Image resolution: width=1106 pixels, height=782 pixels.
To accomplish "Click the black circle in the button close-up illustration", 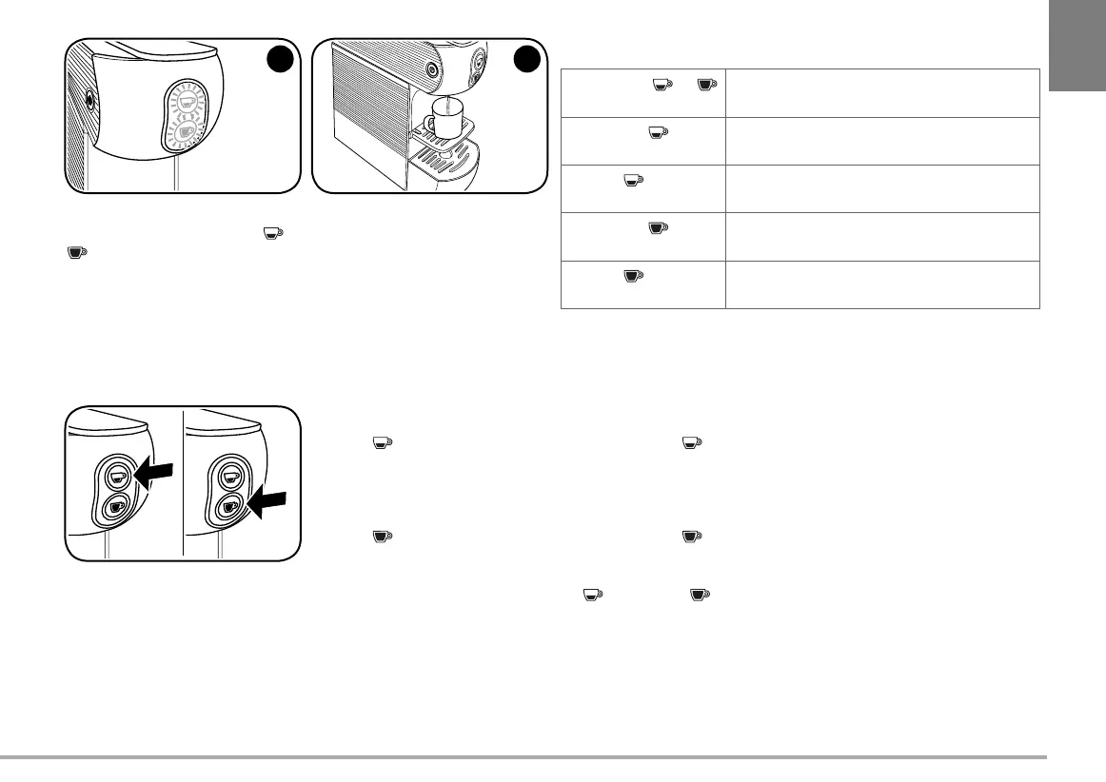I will click(279, 58).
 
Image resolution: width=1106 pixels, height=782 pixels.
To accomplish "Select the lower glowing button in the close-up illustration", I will click(187, 133).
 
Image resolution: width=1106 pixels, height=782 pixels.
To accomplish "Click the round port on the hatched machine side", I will click(89, 98).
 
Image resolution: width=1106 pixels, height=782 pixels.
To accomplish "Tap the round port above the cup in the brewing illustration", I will click(432, 69).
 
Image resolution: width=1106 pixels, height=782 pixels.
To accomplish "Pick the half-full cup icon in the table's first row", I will click(659, 86).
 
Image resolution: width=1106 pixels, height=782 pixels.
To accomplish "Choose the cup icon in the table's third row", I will click(631, 180).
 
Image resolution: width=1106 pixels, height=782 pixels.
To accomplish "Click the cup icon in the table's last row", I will click(631, 276).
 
